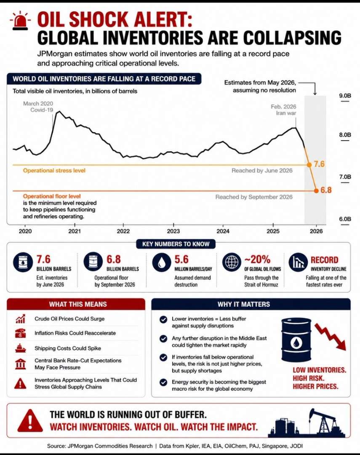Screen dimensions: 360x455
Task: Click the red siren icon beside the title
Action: tap(20, 21)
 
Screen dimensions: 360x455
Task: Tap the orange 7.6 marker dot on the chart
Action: tap(309, 165)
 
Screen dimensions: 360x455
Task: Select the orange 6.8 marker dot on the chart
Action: tap(317, 191)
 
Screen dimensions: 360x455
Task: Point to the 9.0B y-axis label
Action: tap(345, 96)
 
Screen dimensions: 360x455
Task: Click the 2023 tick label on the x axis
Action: tap(173, 231)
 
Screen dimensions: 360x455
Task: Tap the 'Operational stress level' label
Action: tap(54, 171)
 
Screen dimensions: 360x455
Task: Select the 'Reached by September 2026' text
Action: tap(254, 197)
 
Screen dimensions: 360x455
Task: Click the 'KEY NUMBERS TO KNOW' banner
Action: tap(176, 244)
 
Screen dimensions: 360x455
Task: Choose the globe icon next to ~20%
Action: tap(232, 262)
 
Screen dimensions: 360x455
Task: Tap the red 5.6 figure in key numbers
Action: tap(181, 259)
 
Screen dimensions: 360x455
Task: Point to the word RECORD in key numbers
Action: tap(324, 260)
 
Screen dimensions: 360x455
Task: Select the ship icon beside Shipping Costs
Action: tap(20, 348)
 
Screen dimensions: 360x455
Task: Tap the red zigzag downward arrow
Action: tap(331, 336)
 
